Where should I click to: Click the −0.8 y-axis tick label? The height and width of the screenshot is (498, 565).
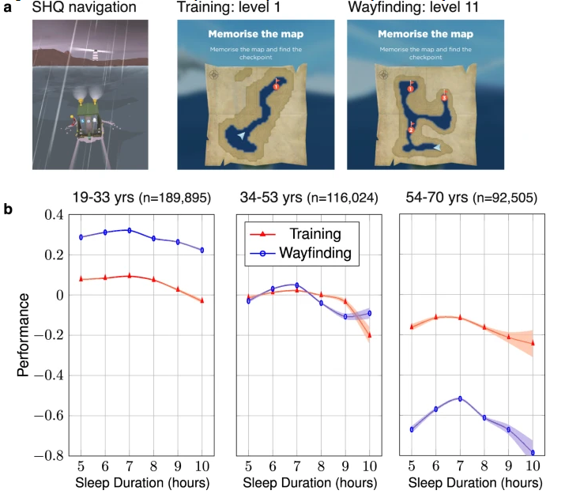pyautogui.click(x=49, y=456)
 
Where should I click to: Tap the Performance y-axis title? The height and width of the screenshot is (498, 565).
pyautogui.click(x=23, y=335)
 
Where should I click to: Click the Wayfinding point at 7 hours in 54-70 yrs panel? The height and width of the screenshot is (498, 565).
pyautogui.click(x=459, y=398)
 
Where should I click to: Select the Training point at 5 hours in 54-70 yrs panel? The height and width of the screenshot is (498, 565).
pyautogui.click(x=411, y=326)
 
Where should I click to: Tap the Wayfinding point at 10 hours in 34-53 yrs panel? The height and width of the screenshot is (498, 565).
pyautogui.click(x=370, y=313)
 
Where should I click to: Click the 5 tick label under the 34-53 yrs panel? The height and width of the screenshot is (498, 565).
pyautogui.click(x=248, y=466)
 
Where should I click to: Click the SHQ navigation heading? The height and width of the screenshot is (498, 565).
pyautogui.click(x=84, y=8)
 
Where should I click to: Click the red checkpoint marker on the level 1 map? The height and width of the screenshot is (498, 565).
pyautogui.click(x=277, y=85)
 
